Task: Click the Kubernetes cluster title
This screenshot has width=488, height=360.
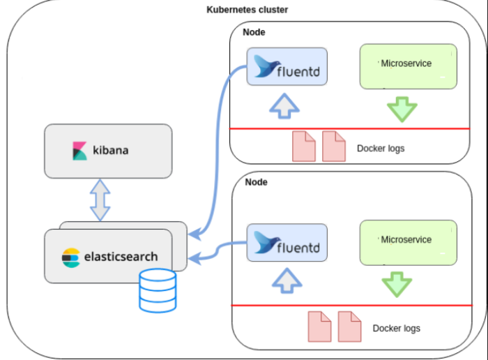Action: (x=247, y=10)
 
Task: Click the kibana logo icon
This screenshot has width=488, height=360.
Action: (x=79, y=151)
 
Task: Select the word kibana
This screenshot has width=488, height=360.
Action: (x=111, y=150)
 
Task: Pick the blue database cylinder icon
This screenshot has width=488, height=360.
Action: (x=158, y=291)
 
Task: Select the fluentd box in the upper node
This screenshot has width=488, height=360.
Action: (x=287, y=67)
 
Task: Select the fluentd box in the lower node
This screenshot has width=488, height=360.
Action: (x=287, y=243)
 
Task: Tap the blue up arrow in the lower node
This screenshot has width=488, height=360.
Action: (x=286, y=280)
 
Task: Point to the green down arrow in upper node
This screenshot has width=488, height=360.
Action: (x=402, y=110)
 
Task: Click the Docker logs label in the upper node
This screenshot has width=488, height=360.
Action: (x=380, y=149)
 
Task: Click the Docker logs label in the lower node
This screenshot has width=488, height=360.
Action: (x=396, y=328)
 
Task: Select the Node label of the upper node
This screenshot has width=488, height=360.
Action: (x=254, y=33)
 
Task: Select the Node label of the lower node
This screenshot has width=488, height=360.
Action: (x=256, y=182)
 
